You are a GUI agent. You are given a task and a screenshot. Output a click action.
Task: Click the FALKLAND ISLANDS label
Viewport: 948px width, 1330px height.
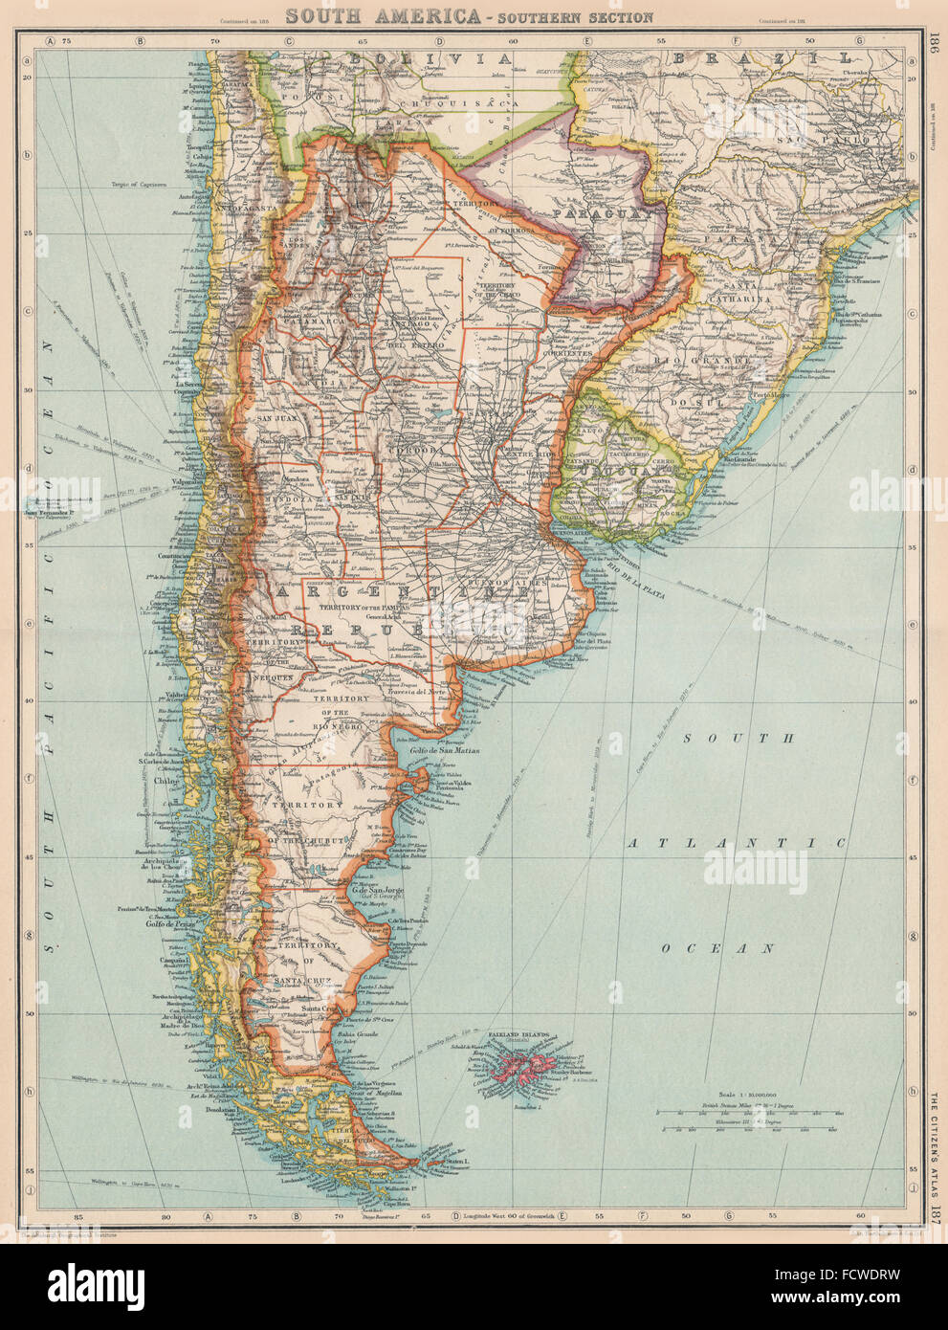522,1036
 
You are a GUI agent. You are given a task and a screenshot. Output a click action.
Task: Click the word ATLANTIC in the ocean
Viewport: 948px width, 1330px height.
736,843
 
